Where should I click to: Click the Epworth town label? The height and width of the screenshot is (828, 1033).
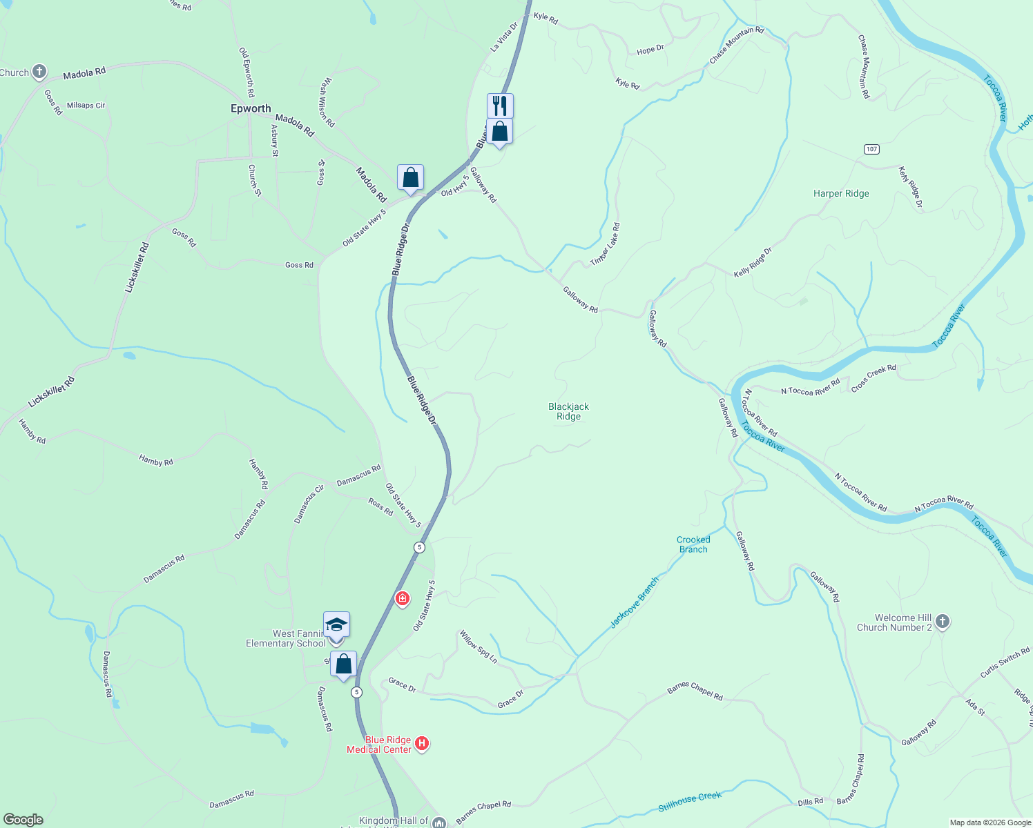251,108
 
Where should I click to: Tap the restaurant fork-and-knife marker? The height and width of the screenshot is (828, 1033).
500,106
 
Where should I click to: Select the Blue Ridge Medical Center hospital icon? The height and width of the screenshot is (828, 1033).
422,744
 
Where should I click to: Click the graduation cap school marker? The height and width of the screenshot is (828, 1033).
336,624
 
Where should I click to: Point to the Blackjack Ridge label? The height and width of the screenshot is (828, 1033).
568,411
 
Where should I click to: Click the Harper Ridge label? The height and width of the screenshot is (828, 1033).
841,193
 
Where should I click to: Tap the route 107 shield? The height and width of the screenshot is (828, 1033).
871,149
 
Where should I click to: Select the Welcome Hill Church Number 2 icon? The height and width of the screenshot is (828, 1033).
943,622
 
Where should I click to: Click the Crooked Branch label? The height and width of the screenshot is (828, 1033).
693,544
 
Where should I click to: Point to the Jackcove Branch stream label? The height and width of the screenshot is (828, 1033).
635,602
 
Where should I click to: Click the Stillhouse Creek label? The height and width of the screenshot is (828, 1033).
689,801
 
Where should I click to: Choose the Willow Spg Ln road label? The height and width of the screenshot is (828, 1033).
479,647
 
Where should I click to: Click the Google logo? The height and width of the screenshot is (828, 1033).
23,820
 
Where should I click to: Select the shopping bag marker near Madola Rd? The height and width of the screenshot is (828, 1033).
410,177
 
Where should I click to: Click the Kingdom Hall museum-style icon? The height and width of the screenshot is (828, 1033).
439,822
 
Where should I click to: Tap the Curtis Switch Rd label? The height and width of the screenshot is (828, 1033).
1005,662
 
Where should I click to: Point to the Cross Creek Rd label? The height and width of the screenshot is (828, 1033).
873,379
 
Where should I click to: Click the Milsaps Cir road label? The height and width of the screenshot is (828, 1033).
86,106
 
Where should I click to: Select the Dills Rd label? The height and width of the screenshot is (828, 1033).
810,802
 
